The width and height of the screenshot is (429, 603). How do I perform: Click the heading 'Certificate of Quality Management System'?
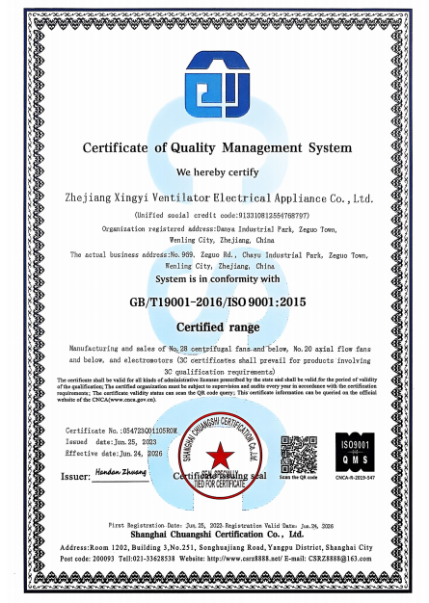(x=216, y=148)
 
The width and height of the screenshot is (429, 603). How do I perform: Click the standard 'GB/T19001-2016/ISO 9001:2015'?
(x=217, y=301)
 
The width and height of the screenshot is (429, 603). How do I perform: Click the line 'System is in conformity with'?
(x=217, y=278)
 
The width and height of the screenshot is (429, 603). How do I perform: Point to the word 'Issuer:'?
(x=76, y=476)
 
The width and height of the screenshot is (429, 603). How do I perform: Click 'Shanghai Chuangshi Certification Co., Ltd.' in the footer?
(x=216, y=532)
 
